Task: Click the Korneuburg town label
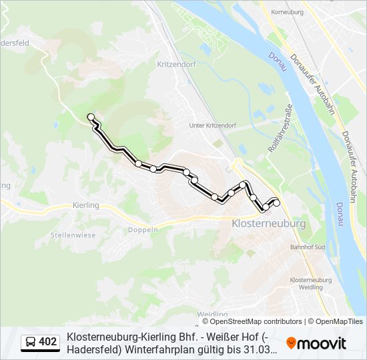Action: (x=284, y=12)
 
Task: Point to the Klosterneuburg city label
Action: (x=268, y=223)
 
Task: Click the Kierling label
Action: (x=85, y=205)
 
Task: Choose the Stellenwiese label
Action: (x=73, y=235)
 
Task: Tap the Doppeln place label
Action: (x=145, y=229)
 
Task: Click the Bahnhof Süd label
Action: (x=307, y=247)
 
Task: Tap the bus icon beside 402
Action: (x=31, y=343)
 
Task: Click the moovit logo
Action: (x=316, y=343)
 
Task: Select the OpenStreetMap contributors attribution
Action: (x=252, y=321)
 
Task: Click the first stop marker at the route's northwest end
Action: (x=91, y=117)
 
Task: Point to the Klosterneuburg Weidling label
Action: (x=312, y=283)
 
